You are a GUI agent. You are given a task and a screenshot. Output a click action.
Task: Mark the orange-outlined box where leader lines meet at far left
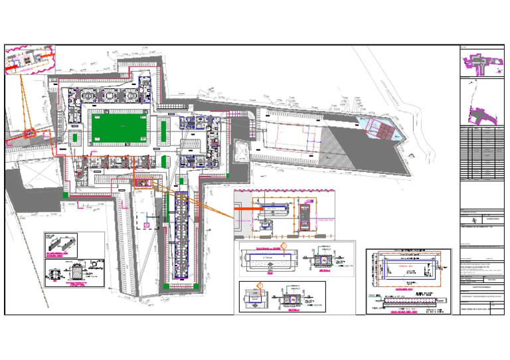(x=29, y=134)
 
